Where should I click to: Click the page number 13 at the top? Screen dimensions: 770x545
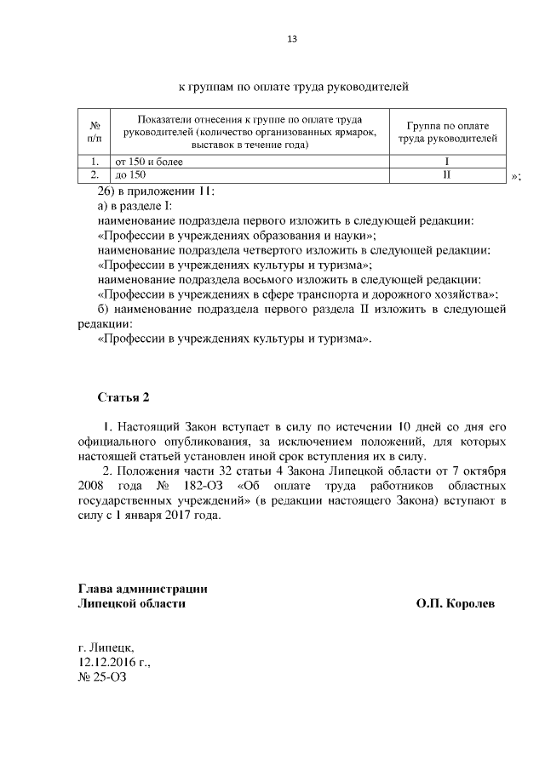click(x=291, y=39)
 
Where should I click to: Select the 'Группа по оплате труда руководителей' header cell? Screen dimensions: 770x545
click(x=446, y=131)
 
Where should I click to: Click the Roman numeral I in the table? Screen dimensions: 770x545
click(x=446, y=161)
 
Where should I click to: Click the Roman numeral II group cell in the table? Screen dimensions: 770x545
click(x=446, y=174)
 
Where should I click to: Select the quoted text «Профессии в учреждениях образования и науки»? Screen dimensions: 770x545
click(x=237, y=235)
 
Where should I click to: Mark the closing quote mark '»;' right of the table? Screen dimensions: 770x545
click(x=516, y=176)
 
